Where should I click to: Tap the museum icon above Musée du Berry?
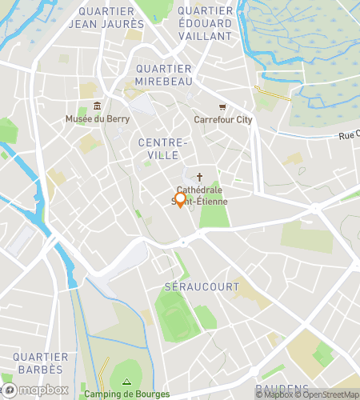coord(97,107)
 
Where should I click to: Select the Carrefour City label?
coord(222,120)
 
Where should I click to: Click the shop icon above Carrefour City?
coord(222,107)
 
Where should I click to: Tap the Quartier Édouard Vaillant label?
coord(205,18)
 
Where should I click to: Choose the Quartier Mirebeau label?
coord(163,75)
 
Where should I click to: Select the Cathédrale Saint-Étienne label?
coord(200,196)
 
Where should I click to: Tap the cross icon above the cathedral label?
coord(199,178)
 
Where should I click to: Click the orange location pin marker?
coord(180,200)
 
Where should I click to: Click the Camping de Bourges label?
coord(127,394)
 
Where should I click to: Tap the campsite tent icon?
coord(126,382)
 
